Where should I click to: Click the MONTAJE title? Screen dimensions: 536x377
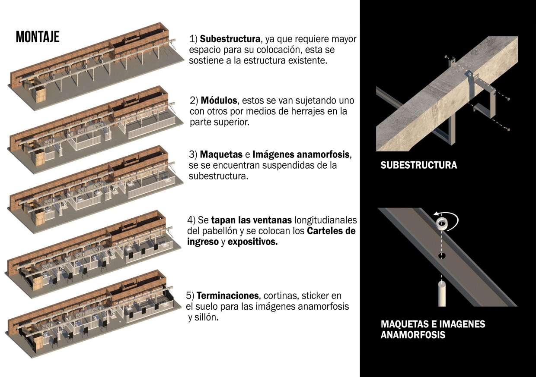tap(38, 37)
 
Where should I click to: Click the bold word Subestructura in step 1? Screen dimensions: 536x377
tap(230, 39)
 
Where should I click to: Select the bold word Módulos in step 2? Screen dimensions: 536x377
tap(219, 101)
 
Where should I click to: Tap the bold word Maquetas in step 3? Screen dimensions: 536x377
tap(221, 155)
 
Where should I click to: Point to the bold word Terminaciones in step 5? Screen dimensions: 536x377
tap(227, 296)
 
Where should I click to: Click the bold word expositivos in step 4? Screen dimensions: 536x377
tap(252, 242)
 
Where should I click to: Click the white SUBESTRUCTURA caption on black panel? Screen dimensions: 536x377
tap(419, 165)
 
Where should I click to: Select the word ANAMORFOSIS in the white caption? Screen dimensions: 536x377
tap(413, 335)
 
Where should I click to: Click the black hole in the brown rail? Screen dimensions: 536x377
tap(442, 256)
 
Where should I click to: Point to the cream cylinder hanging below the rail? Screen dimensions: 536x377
tap(442, 293)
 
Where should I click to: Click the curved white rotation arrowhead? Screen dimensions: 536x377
tap(437, 214)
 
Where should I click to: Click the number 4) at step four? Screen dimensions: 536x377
tap(191, 220)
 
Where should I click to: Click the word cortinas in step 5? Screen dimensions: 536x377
tap(281, 296)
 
